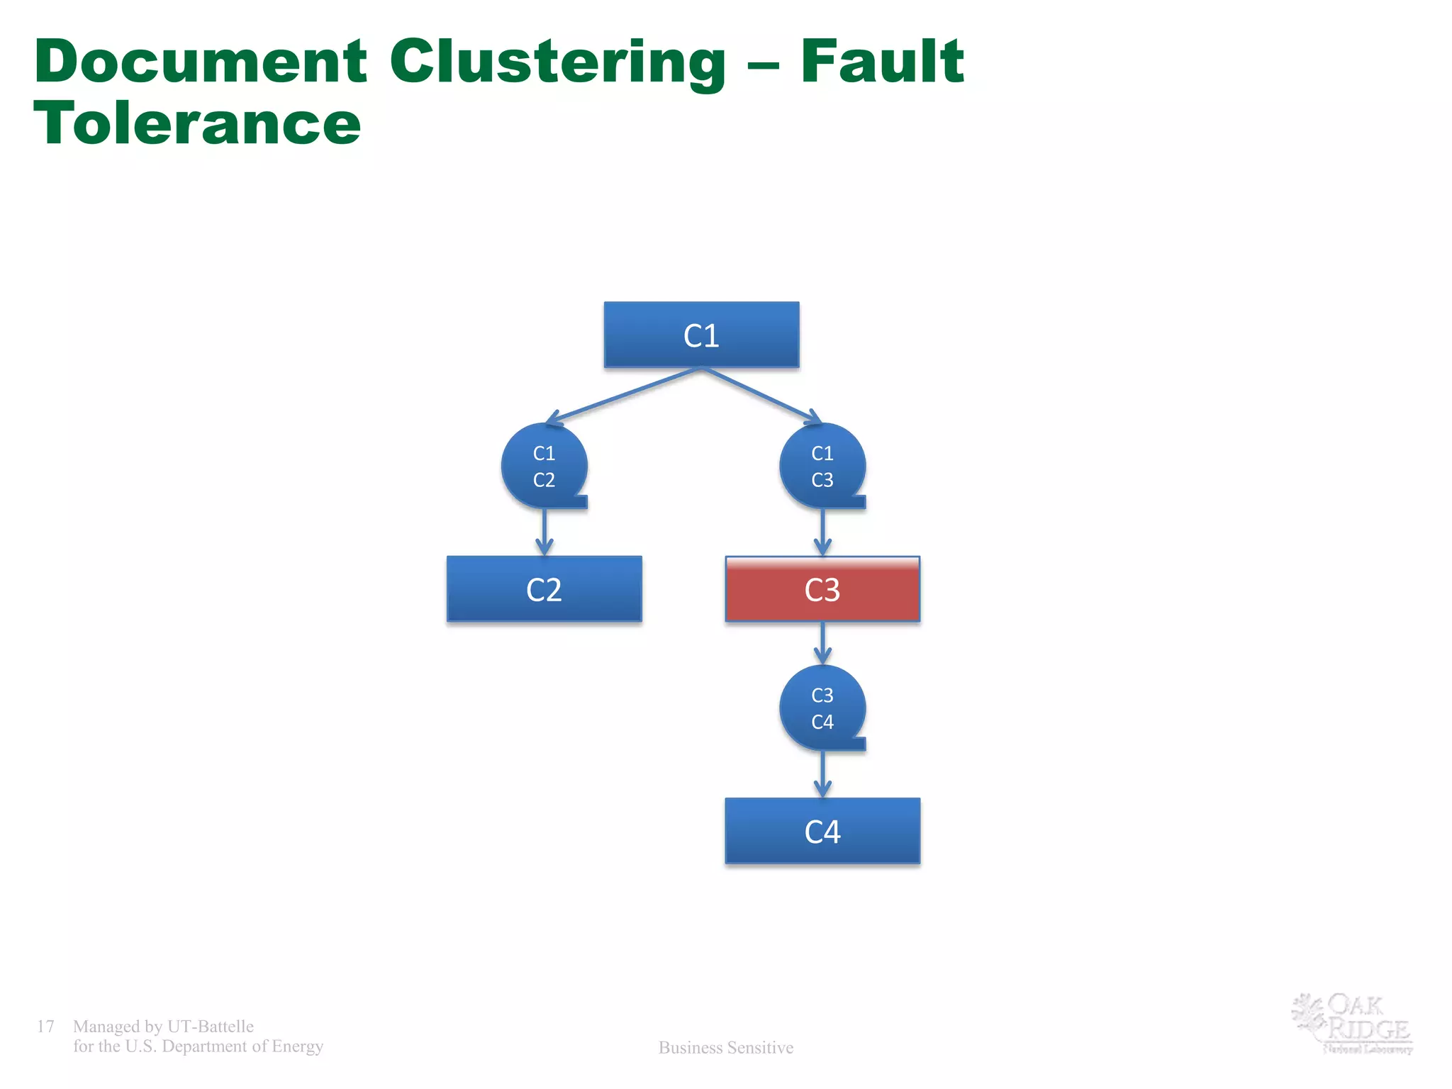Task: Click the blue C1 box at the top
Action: (701, 335)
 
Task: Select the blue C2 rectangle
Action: (544, 589)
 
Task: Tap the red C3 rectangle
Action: (822, 589)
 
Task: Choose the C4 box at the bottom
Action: (822, 831)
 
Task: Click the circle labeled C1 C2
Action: (544, 466)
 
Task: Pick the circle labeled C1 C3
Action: (822, 466)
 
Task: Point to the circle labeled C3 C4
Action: (822, 708)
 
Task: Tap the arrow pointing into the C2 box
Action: (544, 532)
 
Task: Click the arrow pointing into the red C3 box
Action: (822, 532)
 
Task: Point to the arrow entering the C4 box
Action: (822, 774)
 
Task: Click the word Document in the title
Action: (201, 62)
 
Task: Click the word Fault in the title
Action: (882, 62)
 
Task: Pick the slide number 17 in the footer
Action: (45, 1026)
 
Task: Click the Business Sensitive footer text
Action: (726, 1047)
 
